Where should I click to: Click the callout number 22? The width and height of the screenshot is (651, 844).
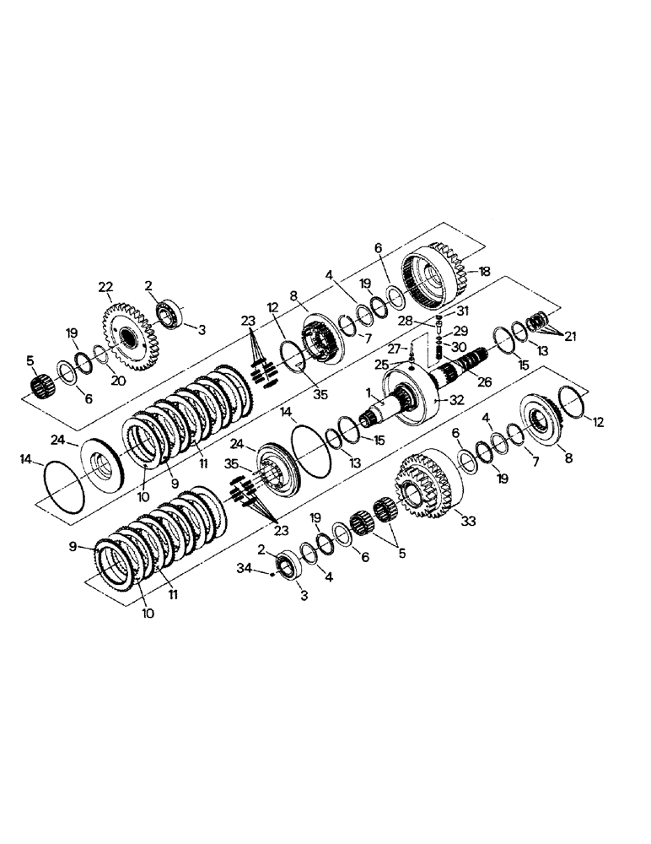105,289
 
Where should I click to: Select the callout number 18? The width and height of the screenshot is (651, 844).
484,271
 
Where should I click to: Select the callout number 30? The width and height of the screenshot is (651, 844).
459,346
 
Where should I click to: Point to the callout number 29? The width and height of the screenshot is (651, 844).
461,330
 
